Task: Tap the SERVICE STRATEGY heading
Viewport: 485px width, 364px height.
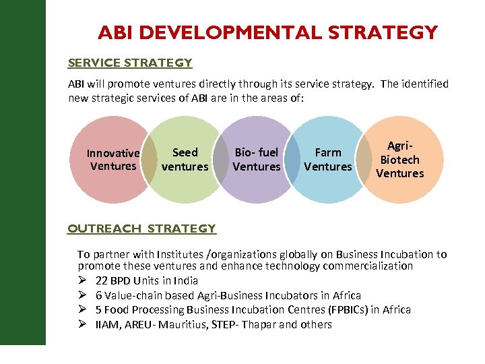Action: [130, 63]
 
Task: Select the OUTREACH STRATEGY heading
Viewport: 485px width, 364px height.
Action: [141, 229]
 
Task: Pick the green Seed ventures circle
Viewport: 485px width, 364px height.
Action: [185, 182]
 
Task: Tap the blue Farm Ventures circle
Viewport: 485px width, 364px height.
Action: [328, 185]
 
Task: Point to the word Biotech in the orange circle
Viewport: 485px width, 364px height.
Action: [400, 160]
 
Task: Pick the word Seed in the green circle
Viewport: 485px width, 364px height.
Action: [185, 153]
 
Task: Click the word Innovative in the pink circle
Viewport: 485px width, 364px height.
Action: [113, 154]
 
